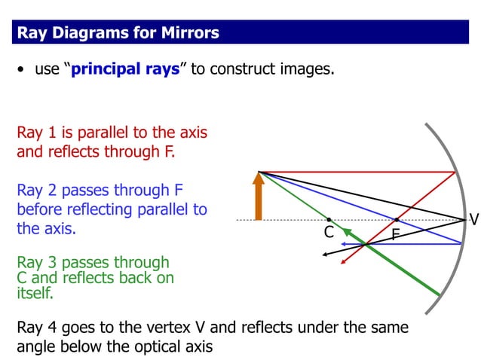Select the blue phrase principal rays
pos(125,70)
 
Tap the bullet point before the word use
pos(22,71)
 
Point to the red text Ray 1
pos(36,133)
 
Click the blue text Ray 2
pos(36,190)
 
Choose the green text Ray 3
pos(36,263)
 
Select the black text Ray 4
pos(36,328)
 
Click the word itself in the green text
pos(35,294)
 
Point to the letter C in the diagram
pos(329,233)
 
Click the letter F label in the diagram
pos(395,235)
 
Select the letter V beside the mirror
pos(473,220)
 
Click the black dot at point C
pos(329,220)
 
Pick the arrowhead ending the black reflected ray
pos(325,255)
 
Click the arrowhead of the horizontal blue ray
pos(342,244)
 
